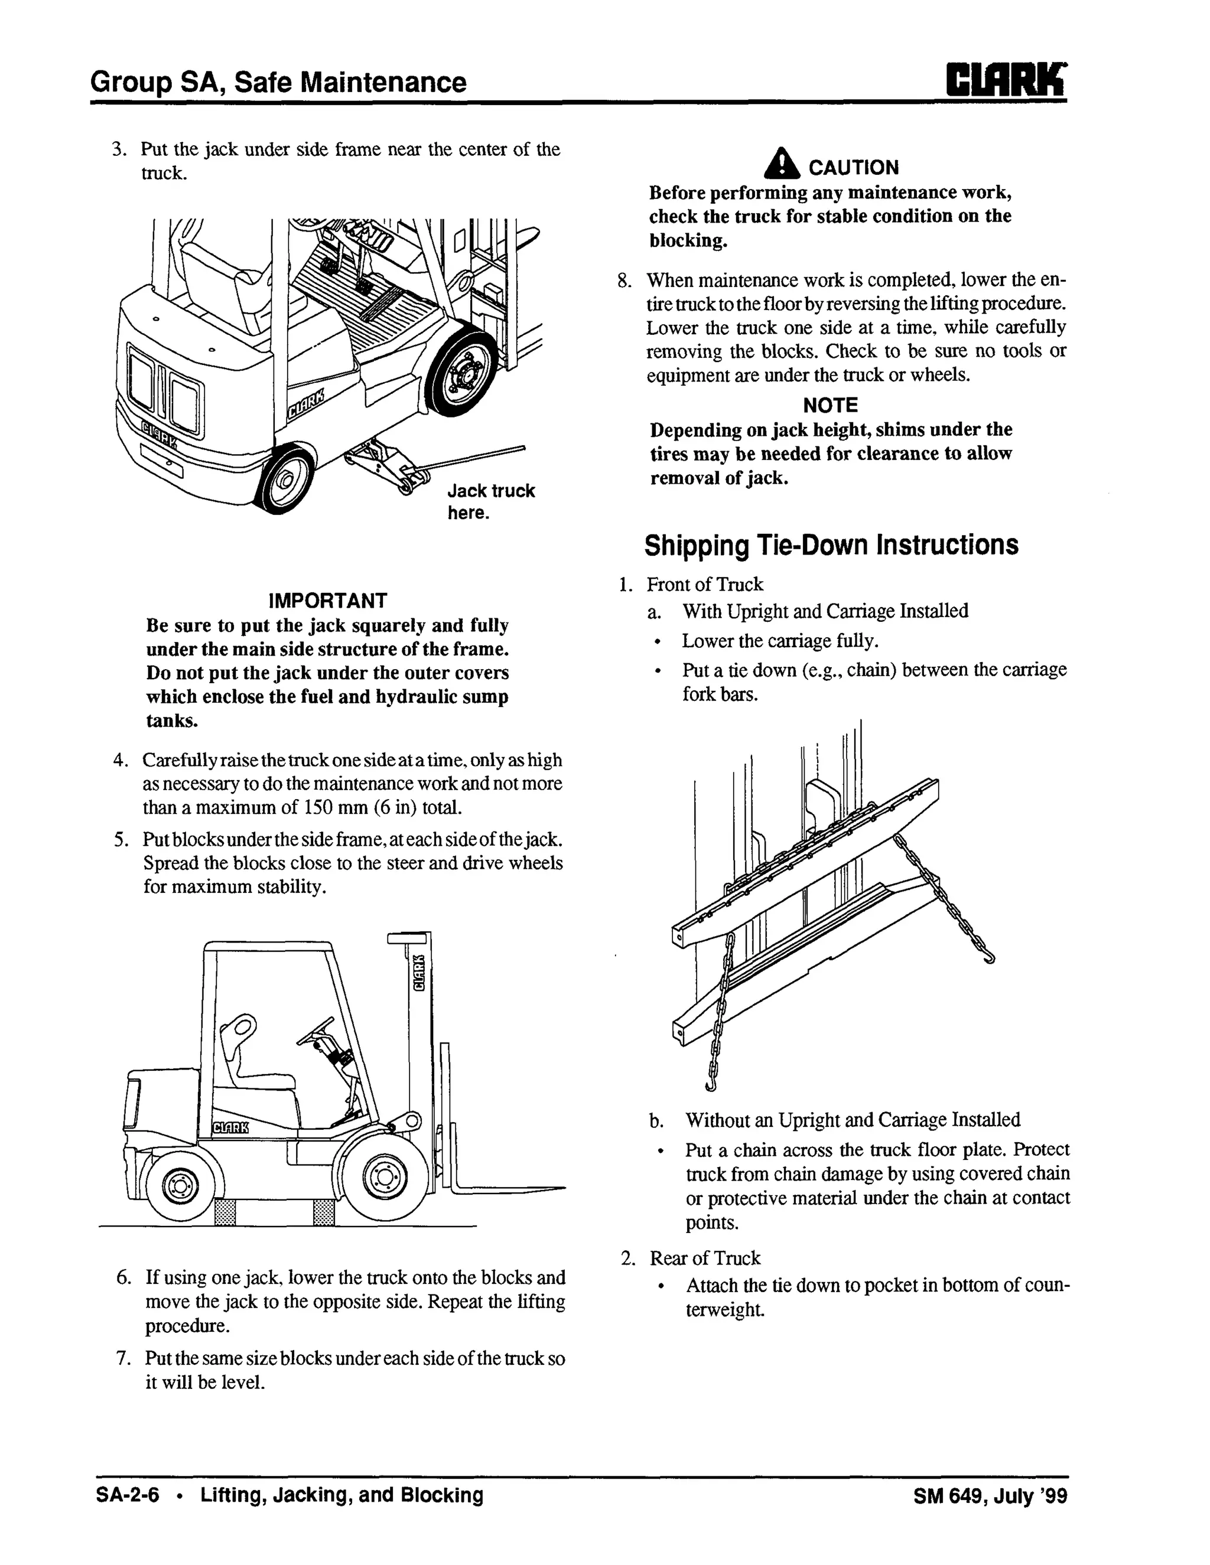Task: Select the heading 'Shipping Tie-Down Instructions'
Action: tap(831, 545)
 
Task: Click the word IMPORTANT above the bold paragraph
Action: tap(327, 601)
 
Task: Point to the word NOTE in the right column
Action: tap(830, 406)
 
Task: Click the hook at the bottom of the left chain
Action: tap(710, 1086)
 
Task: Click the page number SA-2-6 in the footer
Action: tap(128, 1495)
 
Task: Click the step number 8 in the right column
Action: tap(624, 280)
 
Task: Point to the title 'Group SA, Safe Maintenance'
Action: tap(278, 83)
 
